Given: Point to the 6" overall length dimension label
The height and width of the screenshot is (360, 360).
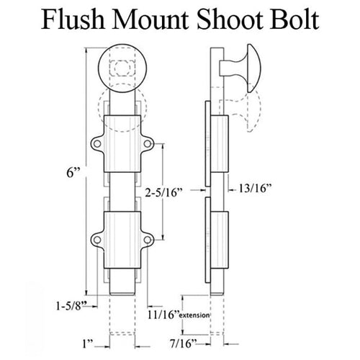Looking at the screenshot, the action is tap(73, 172).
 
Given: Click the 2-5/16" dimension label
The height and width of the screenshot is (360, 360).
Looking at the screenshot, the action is tap(164, 192).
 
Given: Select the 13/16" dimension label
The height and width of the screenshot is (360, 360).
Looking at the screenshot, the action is tap(255, 188).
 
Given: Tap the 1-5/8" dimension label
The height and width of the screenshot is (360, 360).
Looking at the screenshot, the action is tap(71, 306).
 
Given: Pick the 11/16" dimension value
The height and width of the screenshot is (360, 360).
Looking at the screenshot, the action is tap(163, 315).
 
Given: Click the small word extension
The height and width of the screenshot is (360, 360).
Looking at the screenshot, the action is tap(194, 315).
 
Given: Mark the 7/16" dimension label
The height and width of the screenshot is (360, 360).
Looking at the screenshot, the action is tap(184, 343).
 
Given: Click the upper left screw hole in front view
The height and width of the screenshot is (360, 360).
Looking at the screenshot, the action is tap(97, 143).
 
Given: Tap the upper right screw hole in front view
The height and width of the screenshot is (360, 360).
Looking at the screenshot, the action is tap(147, 143).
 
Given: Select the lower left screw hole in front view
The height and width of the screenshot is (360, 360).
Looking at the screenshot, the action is tap(97, 240).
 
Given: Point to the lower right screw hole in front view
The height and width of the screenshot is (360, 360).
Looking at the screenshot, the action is tap(147, 240).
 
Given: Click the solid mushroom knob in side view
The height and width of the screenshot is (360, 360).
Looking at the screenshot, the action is tap(240, 68).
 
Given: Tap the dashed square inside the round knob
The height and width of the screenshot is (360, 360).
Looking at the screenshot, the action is tap(122, 68).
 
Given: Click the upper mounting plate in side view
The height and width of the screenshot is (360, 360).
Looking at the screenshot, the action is tap(208, 143).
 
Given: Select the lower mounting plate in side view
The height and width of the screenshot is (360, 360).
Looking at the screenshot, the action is tap(208, 240).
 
